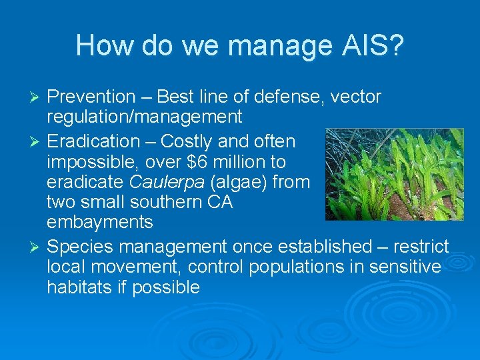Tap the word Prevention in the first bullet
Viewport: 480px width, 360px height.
point(91,97)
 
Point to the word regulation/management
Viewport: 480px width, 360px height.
point(144,118)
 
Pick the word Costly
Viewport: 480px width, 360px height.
point(184,141)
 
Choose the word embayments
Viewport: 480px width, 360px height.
point(99,221)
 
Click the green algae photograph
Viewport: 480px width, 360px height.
point(394,174)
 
